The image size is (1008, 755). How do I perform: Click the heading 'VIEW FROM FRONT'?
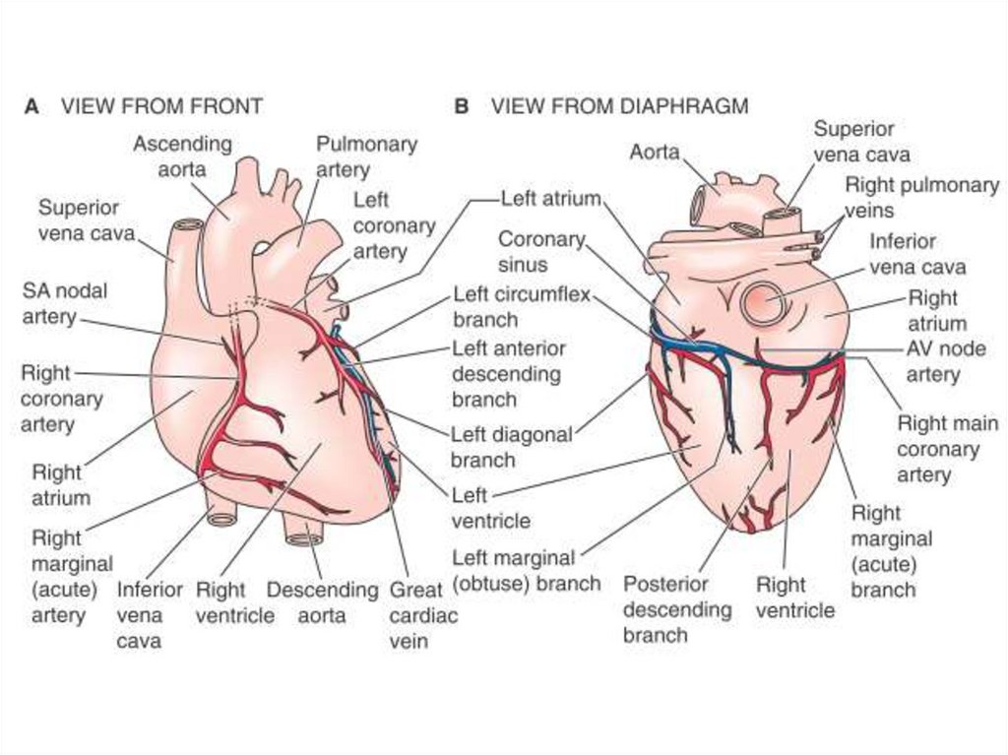(161, 106)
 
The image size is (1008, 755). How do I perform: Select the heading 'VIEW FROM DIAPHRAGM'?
(619, 106)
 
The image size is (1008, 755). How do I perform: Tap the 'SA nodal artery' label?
(65, 303)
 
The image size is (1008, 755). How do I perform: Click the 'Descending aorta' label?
(322, 602)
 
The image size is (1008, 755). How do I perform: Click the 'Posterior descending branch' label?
(677, 609)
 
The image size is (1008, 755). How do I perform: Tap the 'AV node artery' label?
(945, 361)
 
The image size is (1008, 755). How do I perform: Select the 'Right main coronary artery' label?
(946, 449)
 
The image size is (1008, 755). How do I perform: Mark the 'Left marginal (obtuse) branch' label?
(526, 570)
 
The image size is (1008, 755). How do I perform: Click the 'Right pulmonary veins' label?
(921, 197)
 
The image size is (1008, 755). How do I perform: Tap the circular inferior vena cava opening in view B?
(764, 302)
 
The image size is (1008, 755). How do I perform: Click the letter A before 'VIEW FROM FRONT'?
(31, 106)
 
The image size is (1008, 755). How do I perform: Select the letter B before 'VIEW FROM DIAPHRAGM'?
(461, 106)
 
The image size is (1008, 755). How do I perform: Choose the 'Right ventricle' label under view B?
(794, 598)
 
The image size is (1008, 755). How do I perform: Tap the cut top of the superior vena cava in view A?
(187, 224)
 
